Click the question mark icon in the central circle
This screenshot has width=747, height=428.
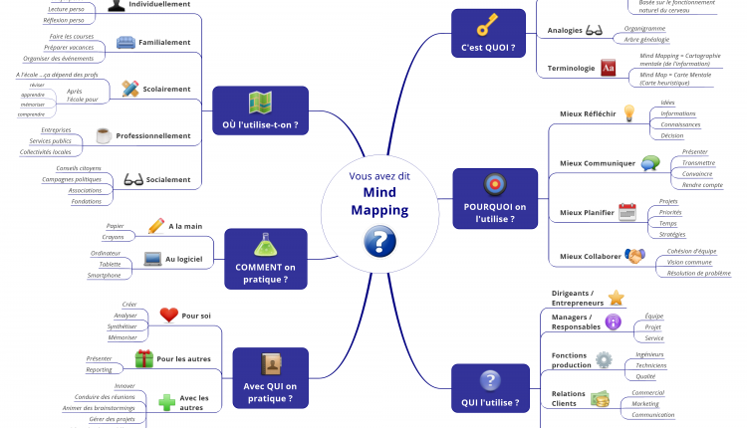pyautogui.click(x=379, y=241)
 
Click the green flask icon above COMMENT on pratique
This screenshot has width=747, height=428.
pyautogui.click(x=263, y=244)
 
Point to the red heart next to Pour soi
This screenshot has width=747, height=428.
pyautogui.click(x=168, y=316)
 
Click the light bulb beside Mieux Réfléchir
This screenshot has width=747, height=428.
pyautogui.click(x=628, y=113)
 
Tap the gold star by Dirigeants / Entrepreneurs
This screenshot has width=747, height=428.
pyautogui.click(x=616, y=297)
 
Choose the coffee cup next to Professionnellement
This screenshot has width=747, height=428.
pyautogui.click(x=104, y=135)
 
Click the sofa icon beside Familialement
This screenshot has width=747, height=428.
pyautogui.click(x=125, y=43)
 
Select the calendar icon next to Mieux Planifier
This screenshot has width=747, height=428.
pyautogui.click(x=626, y=211)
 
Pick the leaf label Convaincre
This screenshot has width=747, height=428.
pyautogui.click(x=697, y=173)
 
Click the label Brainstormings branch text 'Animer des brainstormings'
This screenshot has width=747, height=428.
pyautogui.click(x=98, y=408)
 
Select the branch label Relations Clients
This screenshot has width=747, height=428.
pyautogui.click(x=567, y=398)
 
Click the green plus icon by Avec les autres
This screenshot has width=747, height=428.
pyautogui.click(x=167, y=402)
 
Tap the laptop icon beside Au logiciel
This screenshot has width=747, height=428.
pyautogui.click(x=152, y=259)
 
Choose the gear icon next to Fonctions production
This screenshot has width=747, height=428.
pyautogui.click(x=604, y=359)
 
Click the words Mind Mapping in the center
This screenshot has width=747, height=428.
pyautogui.click(x=378, y=201)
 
